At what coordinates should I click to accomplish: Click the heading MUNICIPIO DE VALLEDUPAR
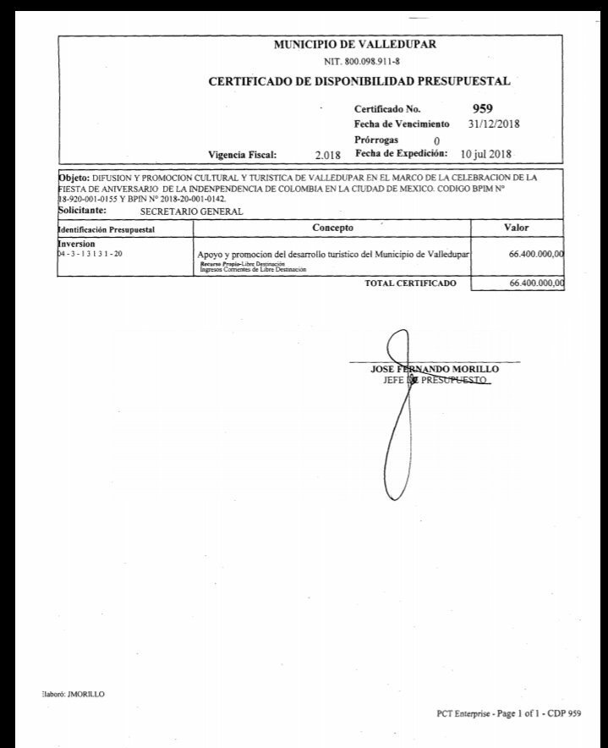(x=355, y=45)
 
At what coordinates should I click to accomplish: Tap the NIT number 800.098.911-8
(x=355, y=62)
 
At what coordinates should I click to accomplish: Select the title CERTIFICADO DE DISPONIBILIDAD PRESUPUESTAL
(x=359, y=82)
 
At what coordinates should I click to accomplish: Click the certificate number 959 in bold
(x=483, y=108)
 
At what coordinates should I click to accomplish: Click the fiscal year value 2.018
(x=327, y=156)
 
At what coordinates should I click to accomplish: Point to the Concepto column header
(x=332, y=228)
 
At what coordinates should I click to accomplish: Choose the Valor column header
(x=516, y=228)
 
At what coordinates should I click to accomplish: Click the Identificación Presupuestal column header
(x=106, y=229)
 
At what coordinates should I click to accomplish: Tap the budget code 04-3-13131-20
(x=90, y=253)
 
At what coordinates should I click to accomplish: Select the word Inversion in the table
(x=76, y=244)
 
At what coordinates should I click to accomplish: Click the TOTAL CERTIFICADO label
(x=410, y=283)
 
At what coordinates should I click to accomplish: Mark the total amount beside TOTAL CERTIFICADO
(x=537, y=283)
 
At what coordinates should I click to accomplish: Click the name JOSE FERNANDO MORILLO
(x=435, y=370)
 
